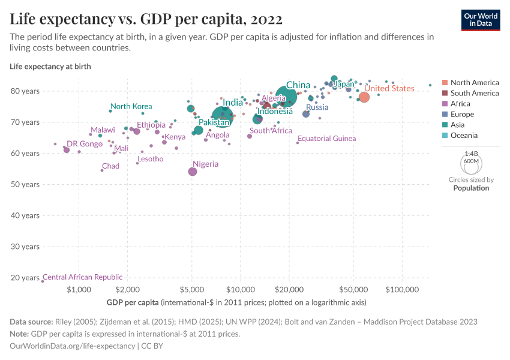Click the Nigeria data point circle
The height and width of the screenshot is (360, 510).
click(193, 172)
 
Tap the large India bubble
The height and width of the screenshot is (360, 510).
click(223, 115)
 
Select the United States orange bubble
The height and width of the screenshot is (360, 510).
click(364, 97)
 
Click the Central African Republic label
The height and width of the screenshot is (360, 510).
click(82, 277)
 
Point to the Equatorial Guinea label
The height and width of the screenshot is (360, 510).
click(326, 139)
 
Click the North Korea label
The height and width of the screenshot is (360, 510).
click(131, 106)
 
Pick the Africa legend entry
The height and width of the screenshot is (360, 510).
click(461, 104)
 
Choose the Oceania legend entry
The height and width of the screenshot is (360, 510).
click(464, 136)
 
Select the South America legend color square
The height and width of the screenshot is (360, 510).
click(445, 93)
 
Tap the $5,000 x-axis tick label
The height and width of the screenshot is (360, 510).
click(191, 289)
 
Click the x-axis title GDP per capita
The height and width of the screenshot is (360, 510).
click(133, 302)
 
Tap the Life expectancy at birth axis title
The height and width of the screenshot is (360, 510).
click(50, 67)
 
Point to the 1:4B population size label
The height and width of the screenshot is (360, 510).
click(471, 154)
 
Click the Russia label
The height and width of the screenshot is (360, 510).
click(317, 107)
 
